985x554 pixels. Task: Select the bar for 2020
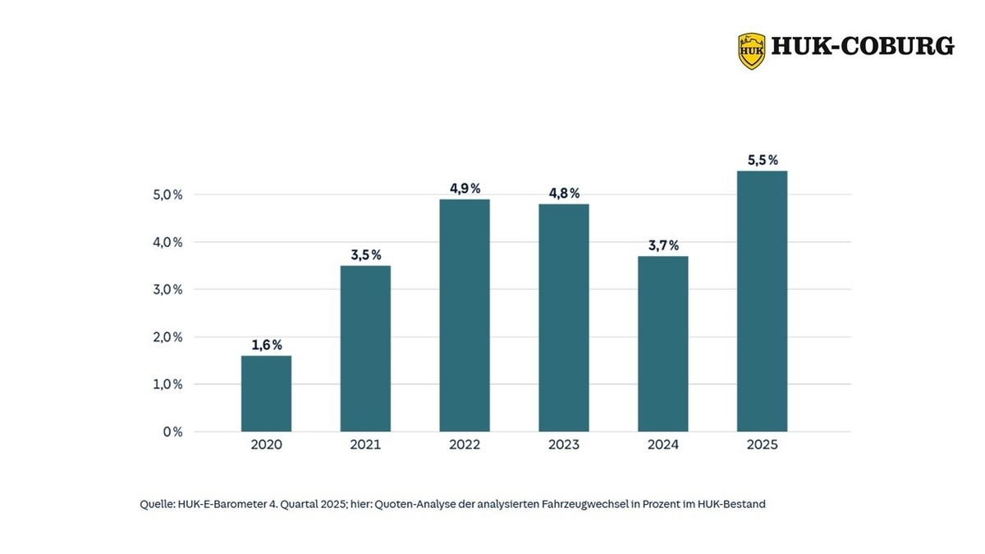(x=266, y=393)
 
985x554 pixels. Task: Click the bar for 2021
(x=365, y=348)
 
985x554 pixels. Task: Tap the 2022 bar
(x=465, y=315)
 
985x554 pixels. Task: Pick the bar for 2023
(x=564, y=318)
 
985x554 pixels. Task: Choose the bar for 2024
(x=663, y=344)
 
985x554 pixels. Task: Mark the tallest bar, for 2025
(x=762, y=301)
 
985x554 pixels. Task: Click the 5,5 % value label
(x=763, y=161)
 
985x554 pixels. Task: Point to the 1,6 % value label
(x=267, y=345)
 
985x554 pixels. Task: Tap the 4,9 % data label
(x=465, y=189)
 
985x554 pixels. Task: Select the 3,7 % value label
(x=663, y=245)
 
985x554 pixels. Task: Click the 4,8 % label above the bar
(x=564, y=194)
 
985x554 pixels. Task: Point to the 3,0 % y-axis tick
(x=167, y=290)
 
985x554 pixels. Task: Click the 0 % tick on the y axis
(x=172, y=432)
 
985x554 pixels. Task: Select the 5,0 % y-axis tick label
(x=167, y=195)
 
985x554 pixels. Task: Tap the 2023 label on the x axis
(x=564, y=445)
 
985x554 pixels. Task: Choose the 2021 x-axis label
(x=365, y=445)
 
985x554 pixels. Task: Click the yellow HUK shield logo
(x=751, y=50)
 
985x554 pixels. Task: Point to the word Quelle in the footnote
(x=156, y=505)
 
